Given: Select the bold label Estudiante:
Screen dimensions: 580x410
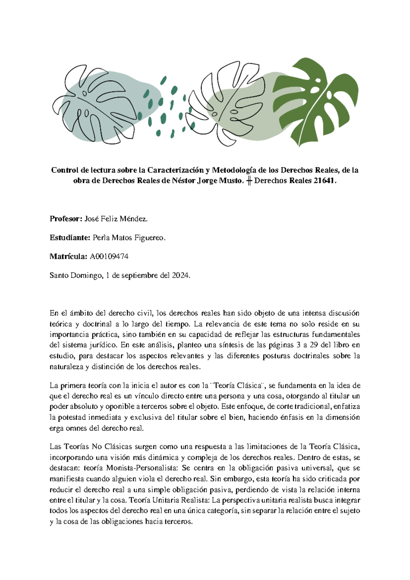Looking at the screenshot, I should pyautogui.click(x=70, y=238).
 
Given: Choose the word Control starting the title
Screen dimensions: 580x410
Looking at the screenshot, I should pyautogui.click(x=65, y=170).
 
